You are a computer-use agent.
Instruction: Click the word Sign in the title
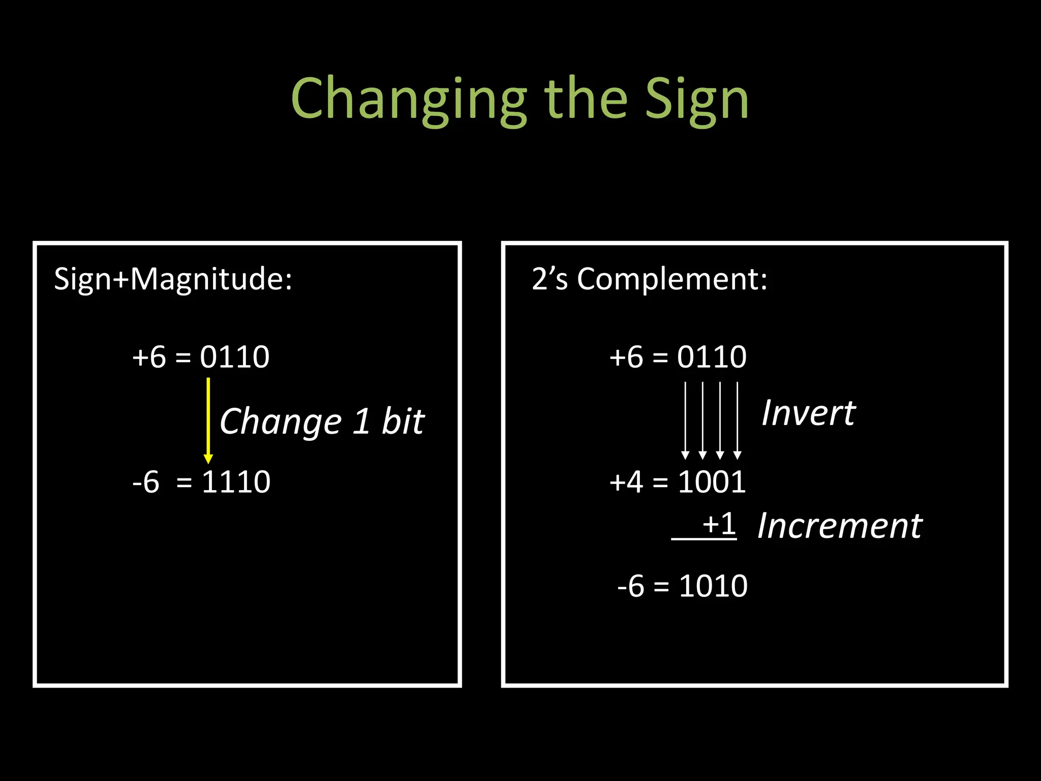[697, 99]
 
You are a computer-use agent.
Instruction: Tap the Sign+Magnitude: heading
[173, 279]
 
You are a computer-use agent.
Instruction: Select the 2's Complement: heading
[649, 279]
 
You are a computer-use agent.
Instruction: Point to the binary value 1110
[236, 482]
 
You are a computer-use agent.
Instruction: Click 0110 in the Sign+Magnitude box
[235, 357]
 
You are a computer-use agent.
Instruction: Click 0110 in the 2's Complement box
[712, 357]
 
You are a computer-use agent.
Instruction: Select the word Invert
[808, 413]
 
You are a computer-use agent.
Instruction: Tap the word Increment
[840, 526]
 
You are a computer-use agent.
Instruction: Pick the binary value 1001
[712, 482]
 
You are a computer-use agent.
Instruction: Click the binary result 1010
[713, 586]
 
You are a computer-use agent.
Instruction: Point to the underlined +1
[719, 524]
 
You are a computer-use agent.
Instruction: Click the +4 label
[626, 482]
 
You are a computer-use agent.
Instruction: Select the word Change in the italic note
[281, 422]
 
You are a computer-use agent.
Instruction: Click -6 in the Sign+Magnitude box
[146, 482]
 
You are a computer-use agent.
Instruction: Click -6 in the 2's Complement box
[631, 586]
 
